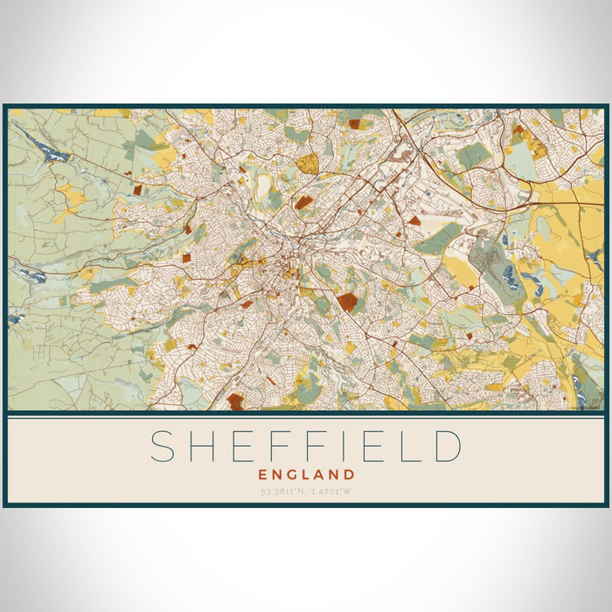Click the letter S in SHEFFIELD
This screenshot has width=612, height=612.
[163, 446]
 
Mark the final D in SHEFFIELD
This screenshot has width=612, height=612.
[448, 446]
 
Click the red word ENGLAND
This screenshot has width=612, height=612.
[306, 475]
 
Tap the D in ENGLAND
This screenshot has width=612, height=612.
[349, 475]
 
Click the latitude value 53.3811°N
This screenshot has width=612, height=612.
[282, 491]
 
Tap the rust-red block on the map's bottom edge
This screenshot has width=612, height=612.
[235, 401]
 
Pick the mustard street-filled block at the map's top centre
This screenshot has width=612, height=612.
[307, 163]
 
